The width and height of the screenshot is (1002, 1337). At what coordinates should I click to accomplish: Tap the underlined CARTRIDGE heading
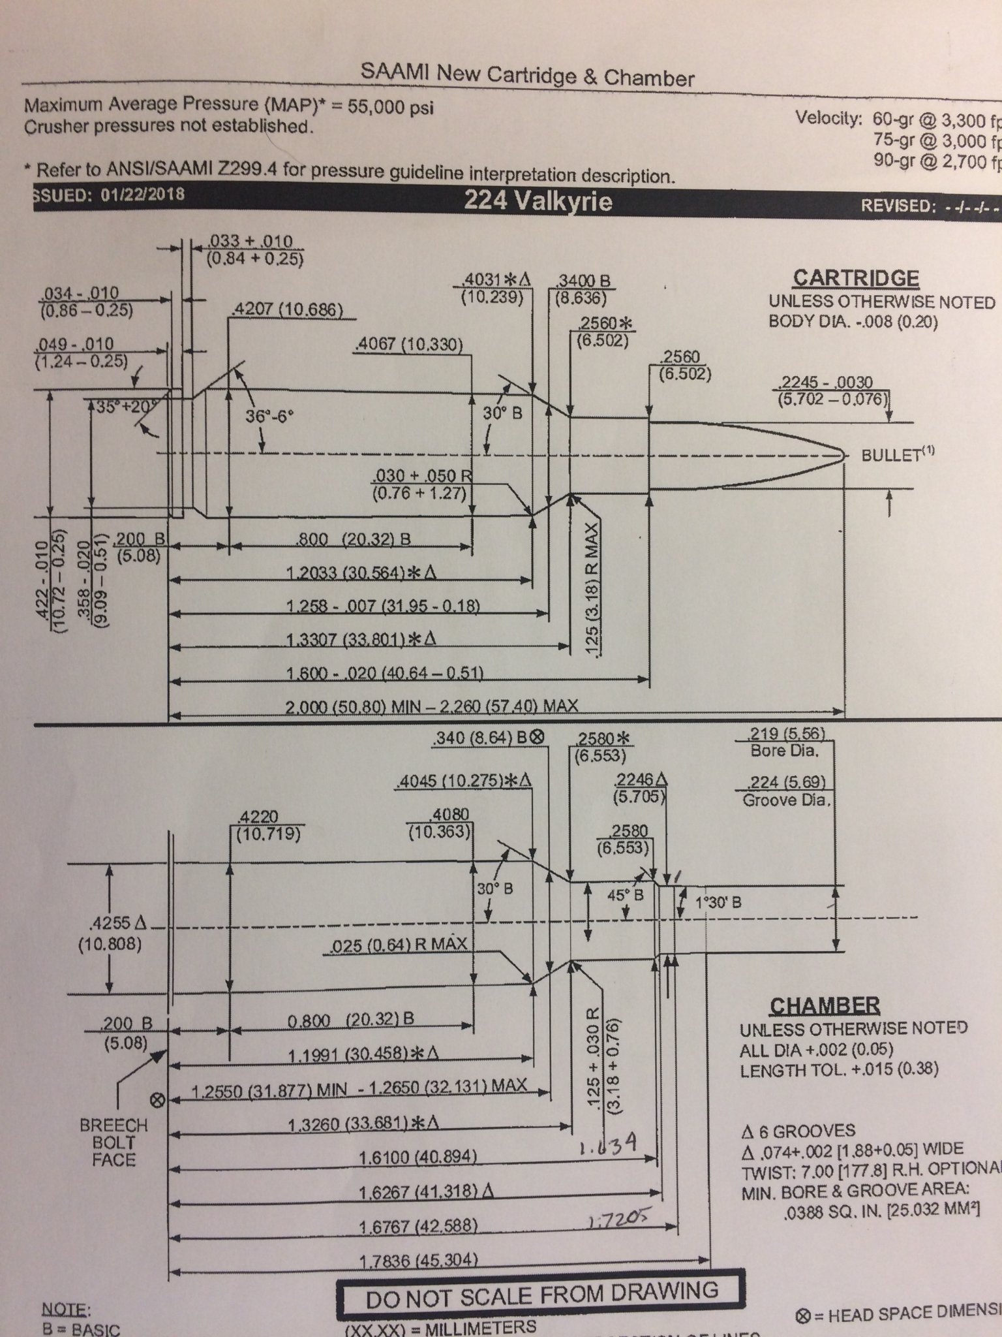coord(855,278)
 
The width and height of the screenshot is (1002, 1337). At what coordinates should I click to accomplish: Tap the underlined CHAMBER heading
coord(825,1005)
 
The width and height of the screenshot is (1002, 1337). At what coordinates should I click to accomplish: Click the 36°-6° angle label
coord(269,416)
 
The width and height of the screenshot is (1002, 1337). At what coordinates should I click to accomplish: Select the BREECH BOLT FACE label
coord(114,1142)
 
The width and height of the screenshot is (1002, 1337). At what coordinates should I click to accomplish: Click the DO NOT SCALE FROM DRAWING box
coord(541,1289)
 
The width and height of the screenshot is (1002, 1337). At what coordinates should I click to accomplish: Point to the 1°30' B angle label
coord(718,904)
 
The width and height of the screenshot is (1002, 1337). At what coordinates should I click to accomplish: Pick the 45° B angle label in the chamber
coord(626,895)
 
